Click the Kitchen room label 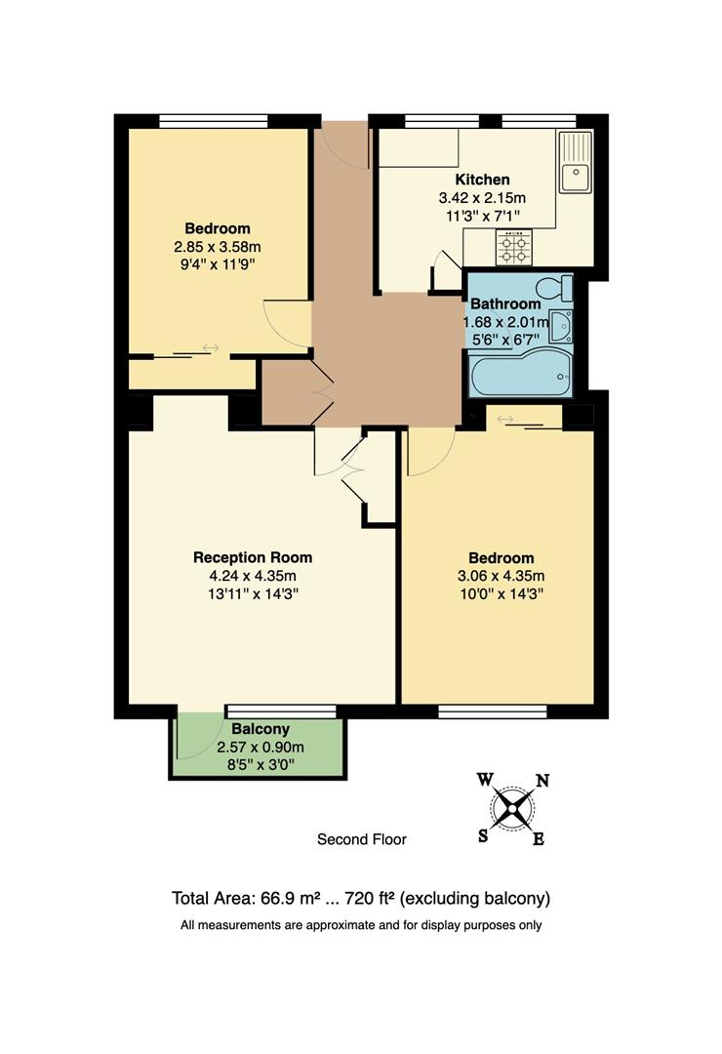(482, 180)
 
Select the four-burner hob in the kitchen (514, 248)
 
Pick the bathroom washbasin (561, 327)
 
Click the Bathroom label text (505, 304)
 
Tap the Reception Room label (253, 557)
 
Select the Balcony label (261, 729)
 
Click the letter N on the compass (542, 780)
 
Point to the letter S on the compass (482, 835)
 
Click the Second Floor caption (361, 838)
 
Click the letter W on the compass (485, 779)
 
